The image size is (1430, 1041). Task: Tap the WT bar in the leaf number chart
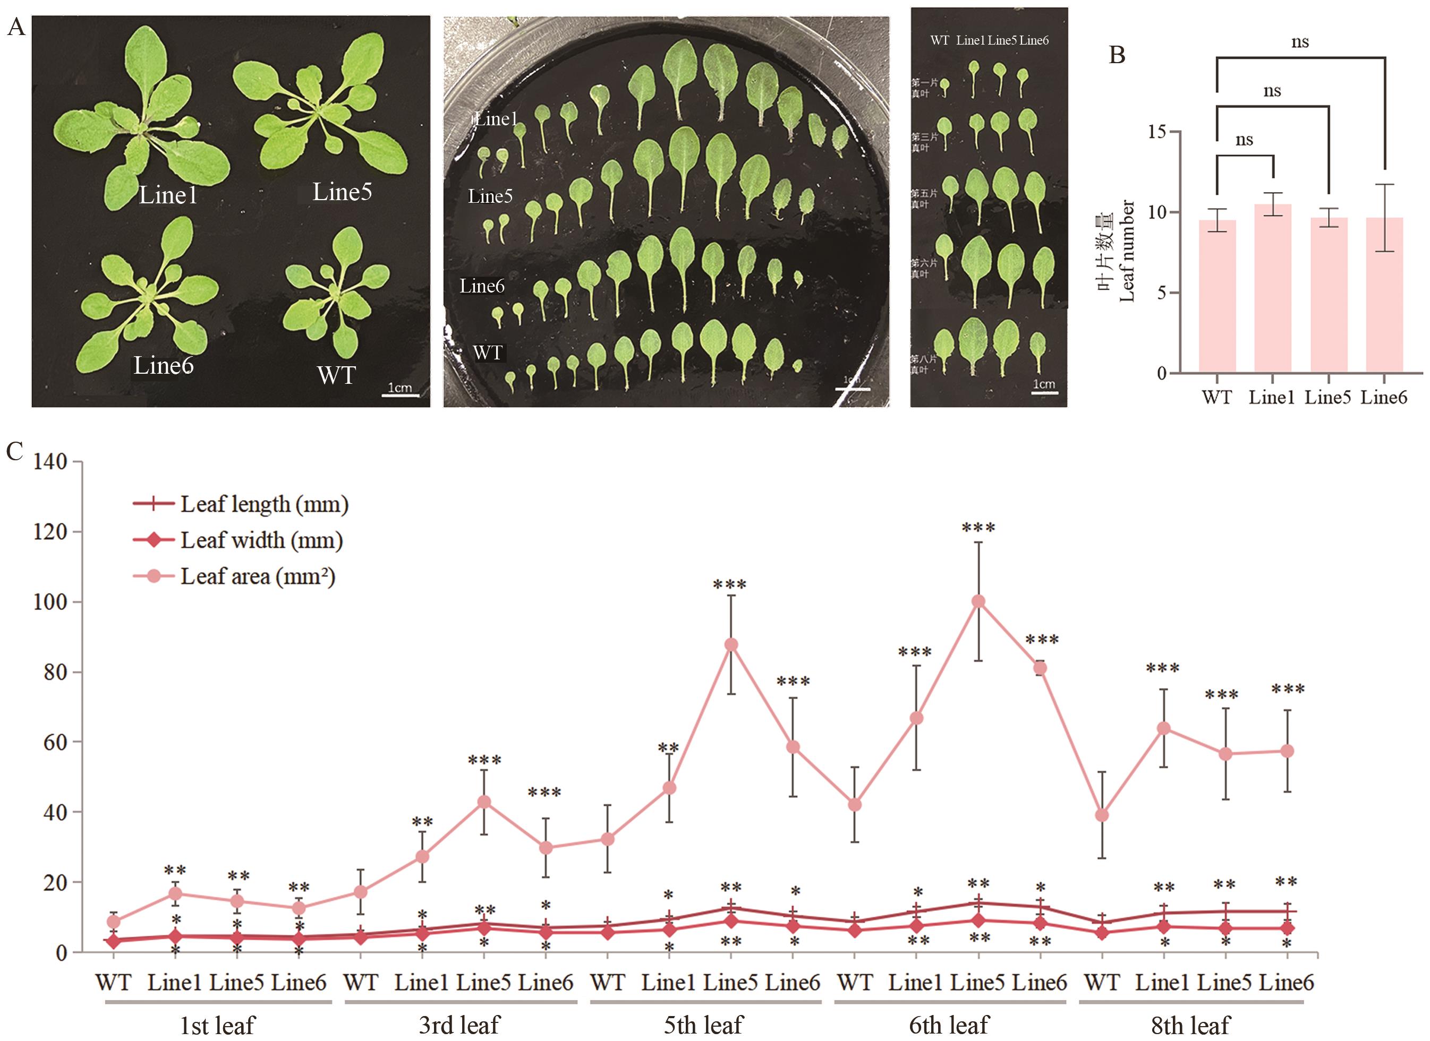[1217, 296]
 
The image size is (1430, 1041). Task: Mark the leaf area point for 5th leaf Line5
[731, 644]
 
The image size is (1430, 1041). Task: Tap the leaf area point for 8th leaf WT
[1102, 815]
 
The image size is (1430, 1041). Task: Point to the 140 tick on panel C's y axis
[50, 462]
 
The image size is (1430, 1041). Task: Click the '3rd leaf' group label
[459, 1025]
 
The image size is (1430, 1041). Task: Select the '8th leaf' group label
[1190, 1025]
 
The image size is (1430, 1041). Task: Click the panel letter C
[14, 451]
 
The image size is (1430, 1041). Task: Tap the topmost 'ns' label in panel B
[1300, 42]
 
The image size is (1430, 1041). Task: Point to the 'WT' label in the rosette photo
[337, 375]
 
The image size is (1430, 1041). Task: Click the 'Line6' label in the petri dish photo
[482, 286]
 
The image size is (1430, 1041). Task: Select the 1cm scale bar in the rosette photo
[401, 394]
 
